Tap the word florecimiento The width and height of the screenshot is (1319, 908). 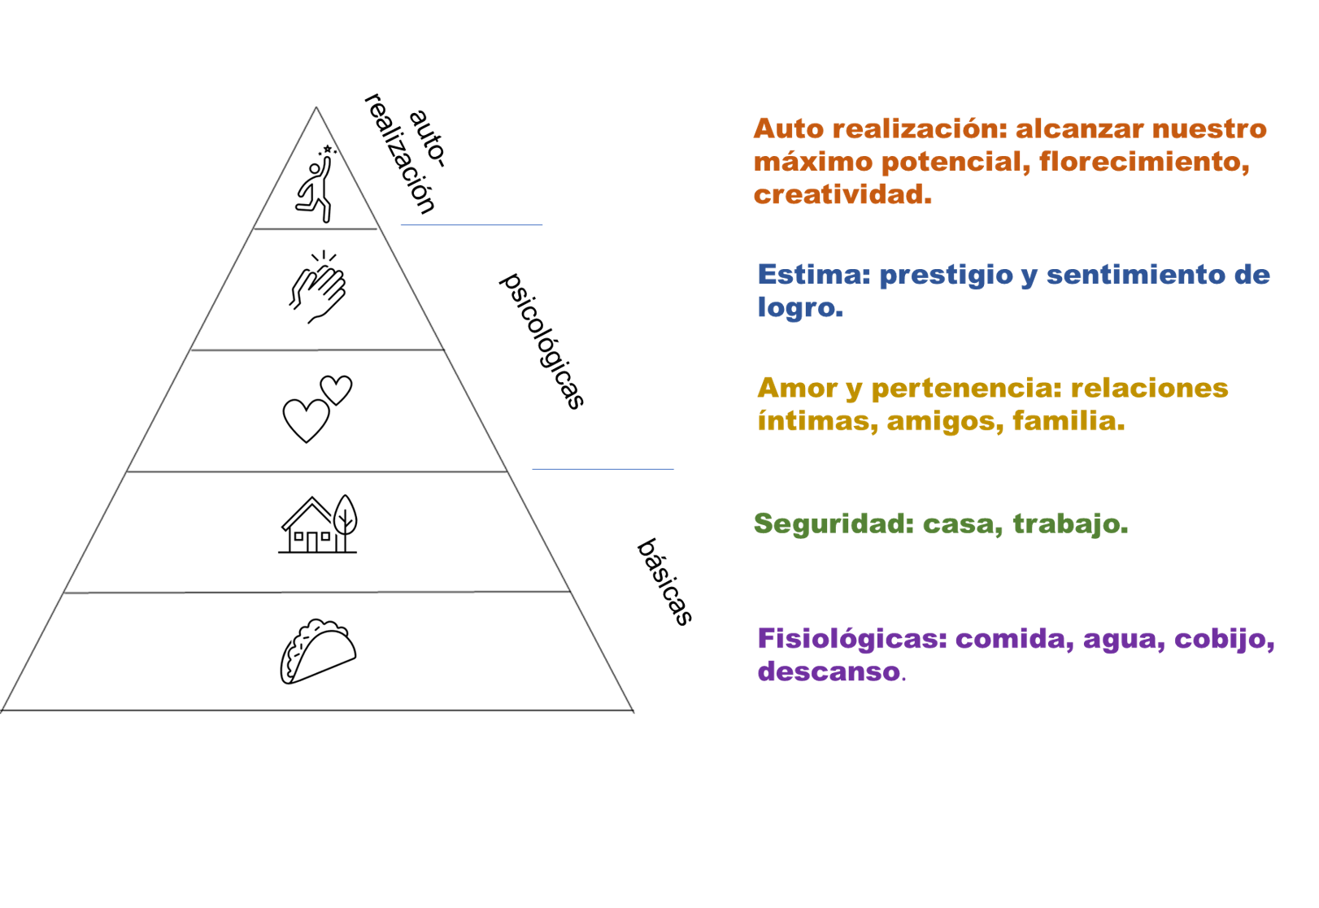[x=1143, y=162]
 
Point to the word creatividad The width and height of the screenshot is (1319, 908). [x=842, y=195]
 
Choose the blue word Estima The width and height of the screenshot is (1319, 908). [x=813, y=275]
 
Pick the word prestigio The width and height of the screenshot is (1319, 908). [x=946, y=276]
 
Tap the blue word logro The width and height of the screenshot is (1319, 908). [x=799, y=308]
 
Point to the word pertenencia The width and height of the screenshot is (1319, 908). [x=966, y=389]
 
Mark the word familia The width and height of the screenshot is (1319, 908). [x=1068, y=421]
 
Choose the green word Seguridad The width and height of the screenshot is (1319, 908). [x=834, y=524]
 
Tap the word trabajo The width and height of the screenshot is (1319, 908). [x=1069, y=524]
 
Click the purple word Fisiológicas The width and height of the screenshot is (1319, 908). [x=852, y=640]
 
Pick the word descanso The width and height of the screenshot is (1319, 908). [x=829, y=672]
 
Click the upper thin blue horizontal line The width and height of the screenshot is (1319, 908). [x=472, y=224]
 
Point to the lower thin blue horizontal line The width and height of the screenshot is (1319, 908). [x=603, y=468]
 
